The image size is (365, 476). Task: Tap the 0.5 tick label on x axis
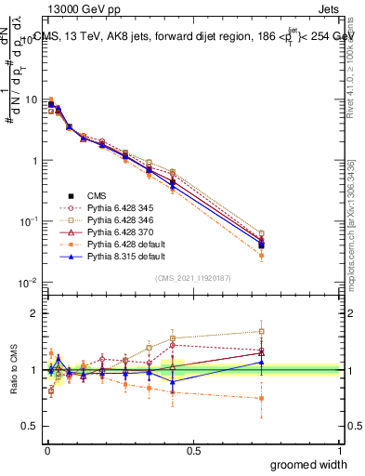pyautogui.click(x=193, y=450)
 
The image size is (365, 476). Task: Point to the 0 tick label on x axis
pyautogui.click(x=46, y=450)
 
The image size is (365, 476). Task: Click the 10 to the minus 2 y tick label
pyautogui.click(x=30, y=283)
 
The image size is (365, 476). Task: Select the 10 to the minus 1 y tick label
pyautogui.click(x=30, y=221)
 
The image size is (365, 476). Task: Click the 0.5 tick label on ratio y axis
pyautogui.click(x=33, y=427)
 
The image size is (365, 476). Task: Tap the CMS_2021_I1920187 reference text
pyautogui.click(x=193, y=278)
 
